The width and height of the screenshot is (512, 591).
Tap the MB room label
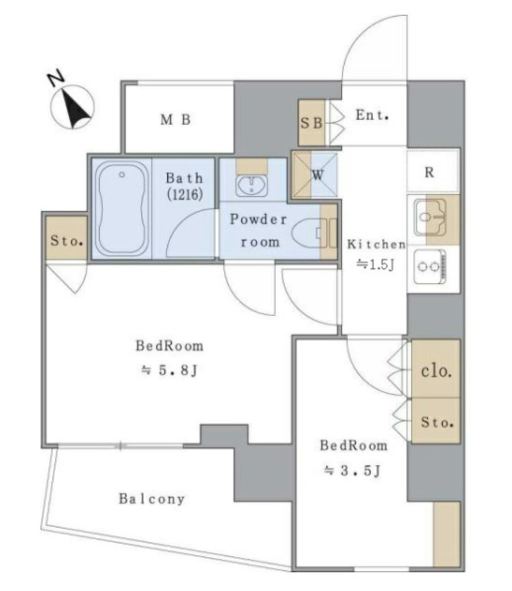click(x=175, y=120)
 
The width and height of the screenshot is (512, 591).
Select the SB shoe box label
click(x=311, y=123)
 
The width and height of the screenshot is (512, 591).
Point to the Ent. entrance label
click(x=372, y=115)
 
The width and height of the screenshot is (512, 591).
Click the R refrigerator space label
click(x=429, y=173)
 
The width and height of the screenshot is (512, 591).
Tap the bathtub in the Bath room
click(x=122, y=208)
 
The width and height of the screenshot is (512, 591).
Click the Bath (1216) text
click(x=184, y=186)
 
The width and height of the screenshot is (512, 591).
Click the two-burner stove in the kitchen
click(x=430, y=267)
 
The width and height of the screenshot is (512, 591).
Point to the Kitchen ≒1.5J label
click(x=376, y=255)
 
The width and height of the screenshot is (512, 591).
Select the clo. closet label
click(x=436, y=371)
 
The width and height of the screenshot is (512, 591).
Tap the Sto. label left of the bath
click(x=67, y=241)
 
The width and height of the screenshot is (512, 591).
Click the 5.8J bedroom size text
click(x=169, y=370)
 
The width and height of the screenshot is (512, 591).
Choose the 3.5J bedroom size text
click(x=353, y=470)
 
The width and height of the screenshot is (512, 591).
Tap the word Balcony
click(x=152, y=499)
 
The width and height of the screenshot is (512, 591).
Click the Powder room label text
click(x=259, y=230)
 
